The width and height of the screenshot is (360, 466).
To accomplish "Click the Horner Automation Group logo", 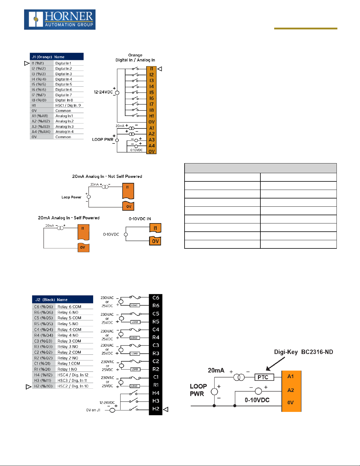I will coord(60,20).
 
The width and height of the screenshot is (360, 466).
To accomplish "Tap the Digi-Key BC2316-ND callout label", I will coord(303,352).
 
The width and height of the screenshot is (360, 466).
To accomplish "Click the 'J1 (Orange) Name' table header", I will coord(56,57).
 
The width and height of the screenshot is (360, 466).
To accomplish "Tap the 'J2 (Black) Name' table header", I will coord(62,300).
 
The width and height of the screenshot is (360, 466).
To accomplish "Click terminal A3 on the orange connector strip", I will coord(152,140).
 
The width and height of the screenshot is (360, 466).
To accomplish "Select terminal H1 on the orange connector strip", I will coord(152,116).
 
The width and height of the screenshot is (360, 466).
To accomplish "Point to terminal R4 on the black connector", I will coord(156,337).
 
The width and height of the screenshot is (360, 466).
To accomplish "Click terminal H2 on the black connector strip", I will coord(156,409).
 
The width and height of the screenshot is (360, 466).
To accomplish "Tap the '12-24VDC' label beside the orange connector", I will coord(103,92).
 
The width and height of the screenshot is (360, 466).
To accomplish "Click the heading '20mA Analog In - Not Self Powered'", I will coord(107,176).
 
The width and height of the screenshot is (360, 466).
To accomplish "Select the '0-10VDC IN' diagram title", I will coord(140,219).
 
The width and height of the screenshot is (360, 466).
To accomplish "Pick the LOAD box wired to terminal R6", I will coord(134,305).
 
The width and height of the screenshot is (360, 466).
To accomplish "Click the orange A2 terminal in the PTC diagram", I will coord(291,390).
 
